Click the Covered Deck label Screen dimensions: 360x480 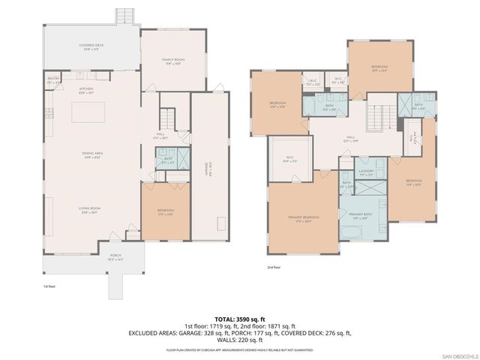point(91,47)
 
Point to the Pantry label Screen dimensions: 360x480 point(53,79)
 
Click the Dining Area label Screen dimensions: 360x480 point(92,154)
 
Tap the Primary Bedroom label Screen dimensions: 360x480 point(304,219)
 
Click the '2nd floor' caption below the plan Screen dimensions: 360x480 point(274,267)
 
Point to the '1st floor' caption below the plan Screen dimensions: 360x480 point(49,286)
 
